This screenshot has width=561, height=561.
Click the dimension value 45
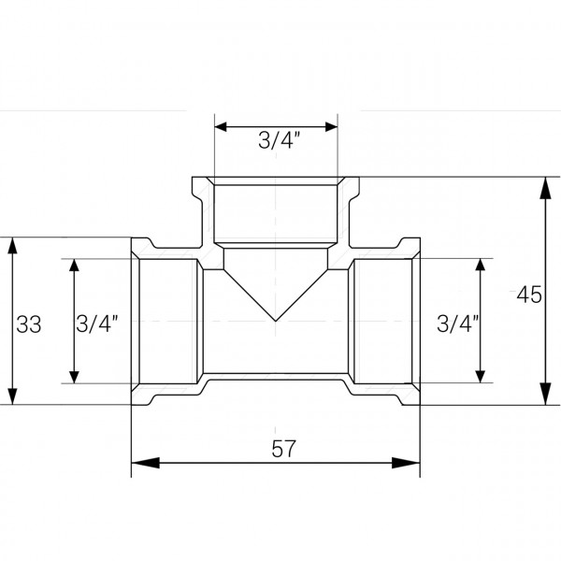(529, 295)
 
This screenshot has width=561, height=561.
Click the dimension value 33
(29, 324)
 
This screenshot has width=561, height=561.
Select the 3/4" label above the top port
(278, 142)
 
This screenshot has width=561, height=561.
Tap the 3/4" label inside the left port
(97, 324)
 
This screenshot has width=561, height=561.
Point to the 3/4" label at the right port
(457, 324)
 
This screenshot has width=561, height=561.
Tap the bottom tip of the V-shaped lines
(276, 322)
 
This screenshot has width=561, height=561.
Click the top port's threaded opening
(276, 210)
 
